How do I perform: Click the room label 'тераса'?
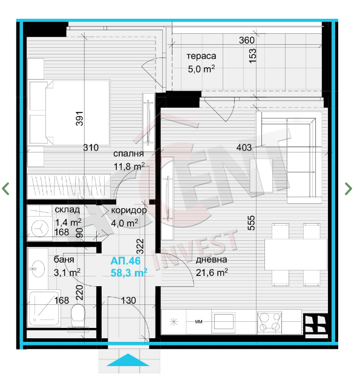[x=201, y=56]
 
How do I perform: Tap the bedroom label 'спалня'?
[x=128, y=154]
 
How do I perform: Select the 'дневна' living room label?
[x=211, y=260]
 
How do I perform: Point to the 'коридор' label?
[x=129, y=211]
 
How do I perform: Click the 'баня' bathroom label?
[x=64, y=260]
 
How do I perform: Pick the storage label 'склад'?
[x=67, y=209]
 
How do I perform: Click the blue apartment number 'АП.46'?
[x=125, y=261]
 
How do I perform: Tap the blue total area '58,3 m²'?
[x=129, y=273]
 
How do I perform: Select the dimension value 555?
[x=251, y=223]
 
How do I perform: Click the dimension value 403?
[x=244, y=148]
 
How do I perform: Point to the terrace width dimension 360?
[x=247, y=40]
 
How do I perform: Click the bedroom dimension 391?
[x=80, y=119]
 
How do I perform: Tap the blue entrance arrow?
[x=128, y=360]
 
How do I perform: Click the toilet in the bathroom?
[x=77, y=315]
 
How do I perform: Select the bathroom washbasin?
[x=38, y=269]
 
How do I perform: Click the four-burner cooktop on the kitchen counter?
[x=269, y=322]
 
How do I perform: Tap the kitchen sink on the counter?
[x=224, y=322]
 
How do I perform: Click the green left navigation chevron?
[x=5, y=189]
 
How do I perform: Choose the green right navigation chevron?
[x=349, y=189]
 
